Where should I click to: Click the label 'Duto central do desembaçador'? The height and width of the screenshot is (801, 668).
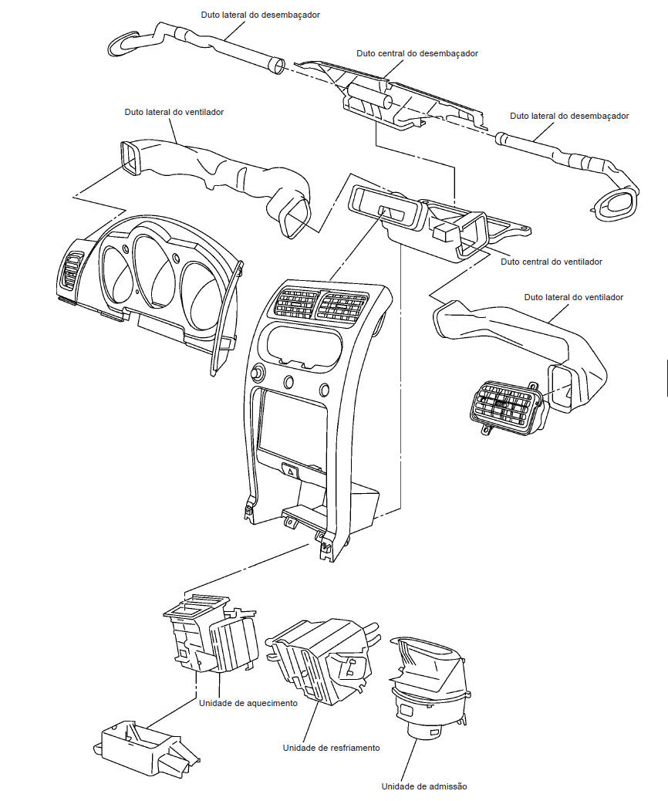pyautogui.click(x=417, y=54)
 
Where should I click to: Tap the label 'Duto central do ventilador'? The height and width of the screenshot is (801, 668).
pyautogui.click(x=552, y=262)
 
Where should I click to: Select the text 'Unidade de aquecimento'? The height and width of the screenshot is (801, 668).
pyautogui.click(x=248, y=703)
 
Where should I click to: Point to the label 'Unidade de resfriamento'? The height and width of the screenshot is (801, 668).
pyautogui.click(x=331, y=748)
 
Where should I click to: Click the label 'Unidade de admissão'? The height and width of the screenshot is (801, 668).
pyautogui.click(x=423, y=786)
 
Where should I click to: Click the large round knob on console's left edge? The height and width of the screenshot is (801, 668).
pyautogui.click(x=255, y=374)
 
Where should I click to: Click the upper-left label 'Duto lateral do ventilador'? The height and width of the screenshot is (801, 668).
pyautogui.click(x=174, y=112)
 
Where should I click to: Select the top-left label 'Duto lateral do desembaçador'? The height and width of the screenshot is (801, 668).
pyautogui.click(x=260, y=15)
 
